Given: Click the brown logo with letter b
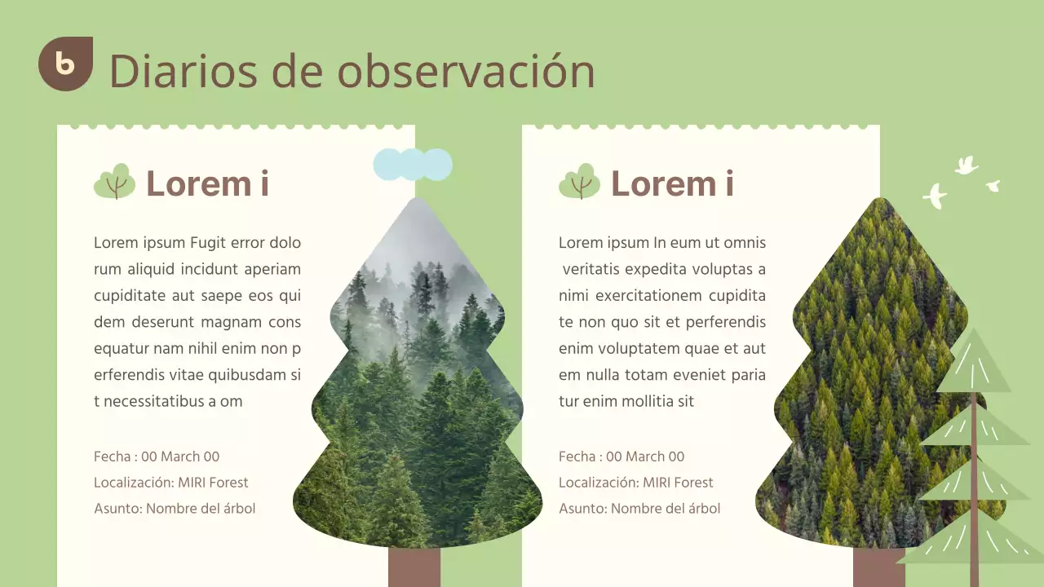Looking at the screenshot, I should pos(65,64).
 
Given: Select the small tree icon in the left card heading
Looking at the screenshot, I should pos(115,182).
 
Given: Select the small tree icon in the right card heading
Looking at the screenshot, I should pos(580,182).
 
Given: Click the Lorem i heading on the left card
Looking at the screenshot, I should pos(207,183).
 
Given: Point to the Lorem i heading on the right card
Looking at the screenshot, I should pos(672,183).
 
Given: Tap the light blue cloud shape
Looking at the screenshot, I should pos(413,165).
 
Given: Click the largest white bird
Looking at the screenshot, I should pos(935,196).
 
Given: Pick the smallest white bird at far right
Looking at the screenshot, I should pos(993,186).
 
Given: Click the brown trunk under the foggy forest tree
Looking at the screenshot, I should pos(414,567).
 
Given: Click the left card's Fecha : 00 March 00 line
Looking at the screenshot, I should pos(157,457).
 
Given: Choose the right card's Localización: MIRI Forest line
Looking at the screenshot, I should pos(636,483).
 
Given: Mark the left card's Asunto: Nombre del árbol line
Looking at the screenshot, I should pos(175,509).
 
